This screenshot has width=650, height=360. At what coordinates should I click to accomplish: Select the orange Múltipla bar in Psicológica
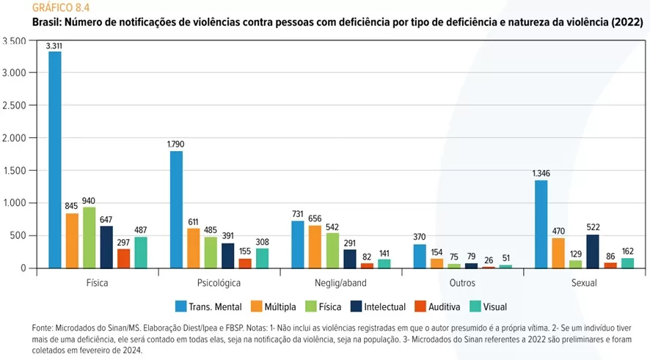[194, 248]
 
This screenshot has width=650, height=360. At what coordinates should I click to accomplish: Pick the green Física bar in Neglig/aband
[332, 250]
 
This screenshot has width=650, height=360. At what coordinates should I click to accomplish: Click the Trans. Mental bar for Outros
[420, 256]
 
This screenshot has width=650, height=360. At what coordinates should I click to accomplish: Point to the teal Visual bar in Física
[141, 252]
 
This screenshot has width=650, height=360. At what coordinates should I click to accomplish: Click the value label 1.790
[176, 145]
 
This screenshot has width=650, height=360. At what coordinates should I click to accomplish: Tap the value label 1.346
[541, 174]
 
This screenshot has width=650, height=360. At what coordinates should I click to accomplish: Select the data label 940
[90, 201]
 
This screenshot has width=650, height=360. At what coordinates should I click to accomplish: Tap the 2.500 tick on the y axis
[15, 105]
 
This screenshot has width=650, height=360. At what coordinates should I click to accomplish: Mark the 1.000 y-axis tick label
[15, 203]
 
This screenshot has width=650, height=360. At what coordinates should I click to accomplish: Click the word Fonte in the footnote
[44, 328]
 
